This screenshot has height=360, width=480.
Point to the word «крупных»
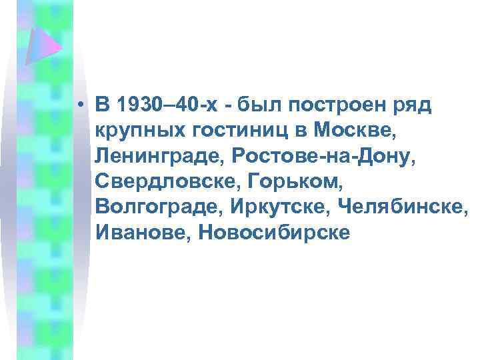[x=136, y=131]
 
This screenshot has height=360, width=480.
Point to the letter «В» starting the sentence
[x=102, y=105]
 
